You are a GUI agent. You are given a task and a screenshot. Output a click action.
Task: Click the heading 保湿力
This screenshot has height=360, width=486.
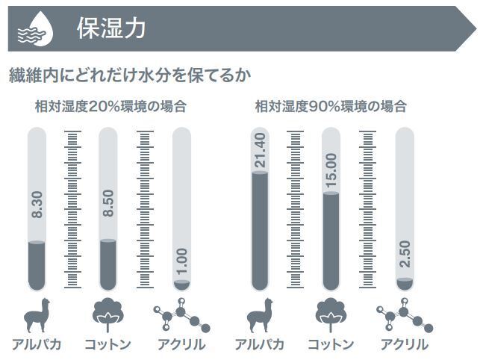coord(110,28)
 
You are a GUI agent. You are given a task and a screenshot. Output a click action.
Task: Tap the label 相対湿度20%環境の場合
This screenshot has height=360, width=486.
coord(110,106)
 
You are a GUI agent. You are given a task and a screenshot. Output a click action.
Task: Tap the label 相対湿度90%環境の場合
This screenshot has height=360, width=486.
coord(331,106)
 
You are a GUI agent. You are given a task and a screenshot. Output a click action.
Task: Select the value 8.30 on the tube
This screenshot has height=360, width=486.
coord(37,205)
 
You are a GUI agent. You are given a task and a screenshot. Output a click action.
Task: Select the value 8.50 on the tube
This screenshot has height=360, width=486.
coord(108,203)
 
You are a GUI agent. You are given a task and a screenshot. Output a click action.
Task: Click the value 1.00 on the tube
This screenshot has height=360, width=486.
coord(182,261)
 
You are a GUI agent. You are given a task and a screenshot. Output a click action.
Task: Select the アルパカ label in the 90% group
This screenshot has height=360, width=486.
coord(259,345)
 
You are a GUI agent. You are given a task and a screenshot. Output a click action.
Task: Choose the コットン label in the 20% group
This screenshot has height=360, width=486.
coord(108,345)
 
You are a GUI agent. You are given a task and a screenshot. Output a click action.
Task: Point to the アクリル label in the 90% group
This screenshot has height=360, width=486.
coord(405,345)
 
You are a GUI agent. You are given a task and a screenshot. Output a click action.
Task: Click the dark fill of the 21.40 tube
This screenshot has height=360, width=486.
coord(259,232)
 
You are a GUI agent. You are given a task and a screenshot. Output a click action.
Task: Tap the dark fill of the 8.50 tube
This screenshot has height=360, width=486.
coord(108,265)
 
